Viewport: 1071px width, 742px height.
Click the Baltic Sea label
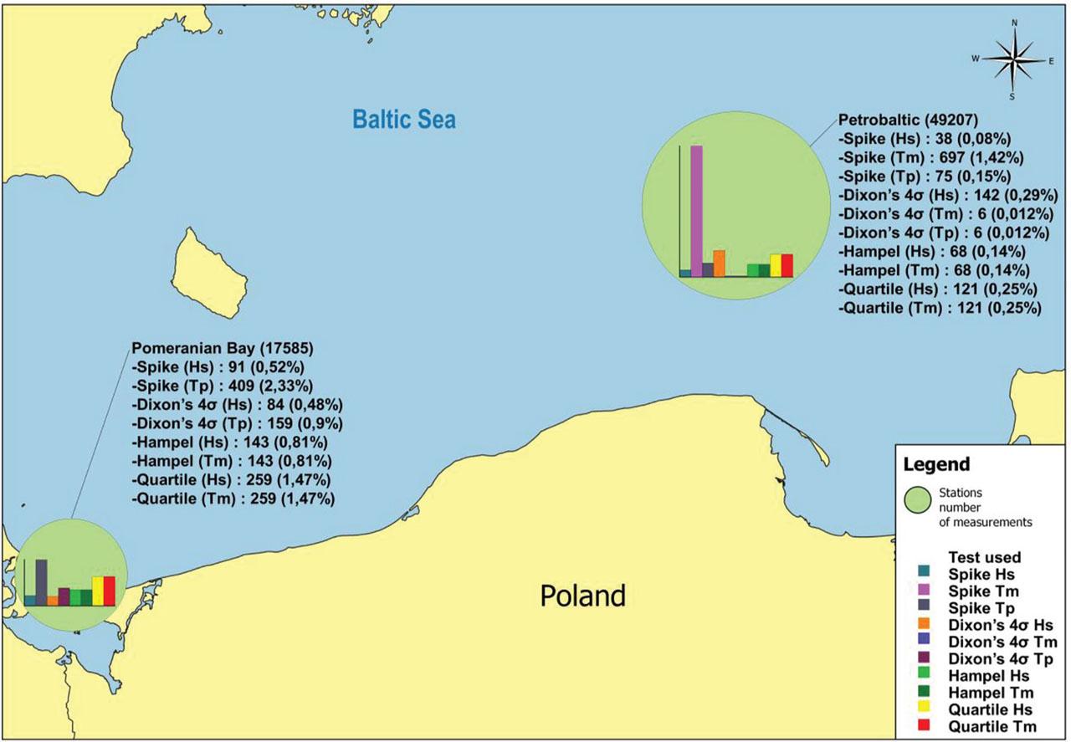pos(404,119)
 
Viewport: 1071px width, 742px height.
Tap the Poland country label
pos(582,596)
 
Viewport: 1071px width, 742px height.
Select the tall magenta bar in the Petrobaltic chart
pos(696,209)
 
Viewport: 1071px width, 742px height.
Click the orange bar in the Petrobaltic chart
pos(719,263)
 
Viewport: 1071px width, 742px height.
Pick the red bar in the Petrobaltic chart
pos(787,264)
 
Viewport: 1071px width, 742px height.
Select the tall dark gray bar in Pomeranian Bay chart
pos(41,581)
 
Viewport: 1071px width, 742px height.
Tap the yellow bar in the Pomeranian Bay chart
pos(98,591)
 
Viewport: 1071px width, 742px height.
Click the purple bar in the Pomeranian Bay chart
pos(64,596)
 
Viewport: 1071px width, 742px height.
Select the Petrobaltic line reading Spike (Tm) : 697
pos(925,157)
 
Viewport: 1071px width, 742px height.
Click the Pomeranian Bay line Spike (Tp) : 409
pos(223,386)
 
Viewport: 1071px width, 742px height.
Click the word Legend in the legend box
pos(935,464)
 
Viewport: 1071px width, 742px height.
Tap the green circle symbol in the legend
pos(924,503)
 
